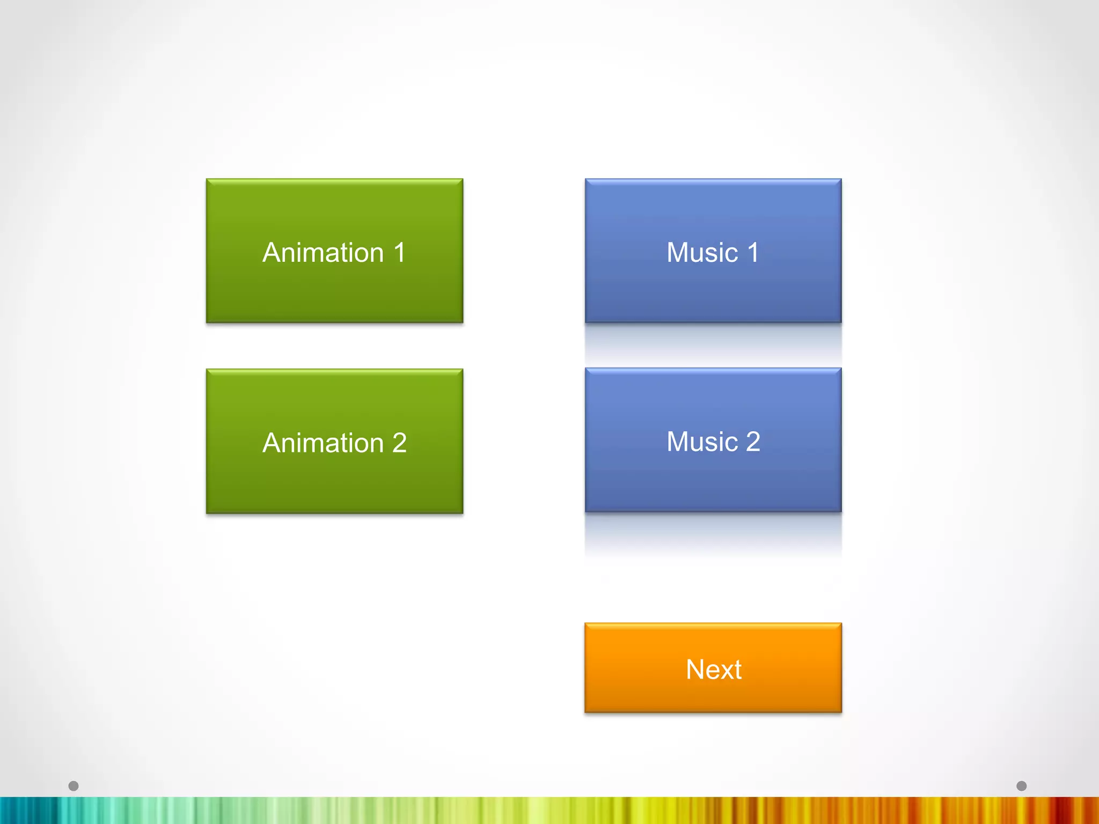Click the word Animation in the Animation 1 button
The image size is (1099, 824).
pos(323,253)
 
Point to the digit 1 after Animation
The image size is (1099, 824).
pos(399,253)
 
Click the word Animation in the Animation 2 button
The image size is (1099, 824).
pos(323,443)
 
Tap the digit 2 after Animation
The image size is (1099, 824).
pos(399,443)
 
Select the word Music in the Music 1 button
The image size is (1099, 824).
pos(702,253)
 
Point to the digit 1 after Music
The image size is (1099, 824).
pos(753,253)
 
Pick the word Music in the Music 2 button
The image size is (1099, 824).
pos(702,442)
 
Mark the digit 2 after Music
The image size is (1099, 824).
pos(753,442)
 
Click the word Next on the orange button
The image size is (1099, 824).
pos(713,669)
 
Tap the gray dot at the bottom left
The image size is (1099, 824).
pos(74,786)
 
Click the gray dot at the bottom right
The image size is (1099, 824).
pos(1021,786)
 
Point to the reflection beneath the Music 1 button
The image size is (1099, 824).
pos(713,341)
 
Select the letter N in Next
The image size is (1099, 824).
pos(695,669)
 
